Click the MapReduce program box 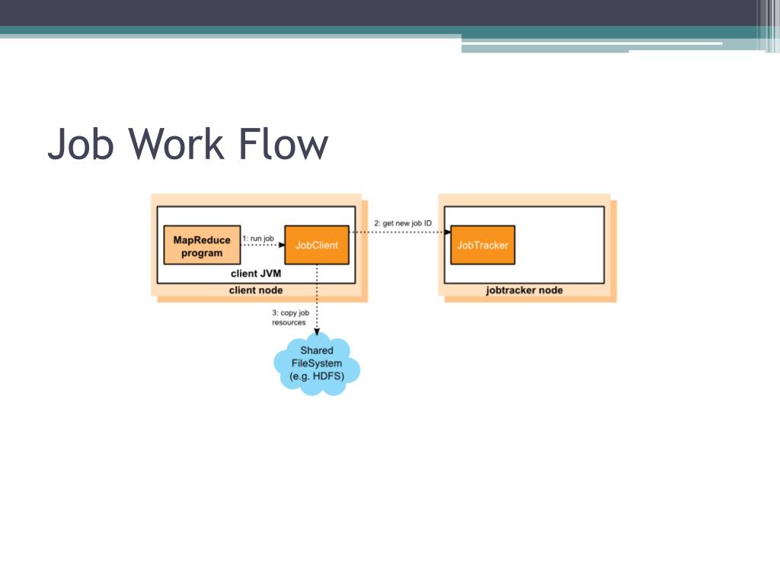coord(202,246)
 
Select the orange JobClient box coord(317,245)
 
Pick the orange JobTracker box coord(482,245)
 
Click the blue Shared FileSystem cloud coord(316,363)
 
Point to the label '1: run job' coord(257,238)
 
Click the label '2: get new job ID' coord(403,223)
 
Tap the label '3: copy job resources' coord(289,318)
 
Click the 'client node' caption coord(256,290)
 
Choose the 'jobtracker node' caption coord(524,290)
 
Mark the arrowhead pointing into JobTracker coord(449,232)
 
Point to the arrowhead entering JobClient coord(282,245)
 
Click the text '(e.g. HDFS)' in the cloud coord(316,376)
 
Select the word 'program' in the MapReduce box coord(202,253)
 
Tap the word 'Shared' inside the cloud coord(316,350)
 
